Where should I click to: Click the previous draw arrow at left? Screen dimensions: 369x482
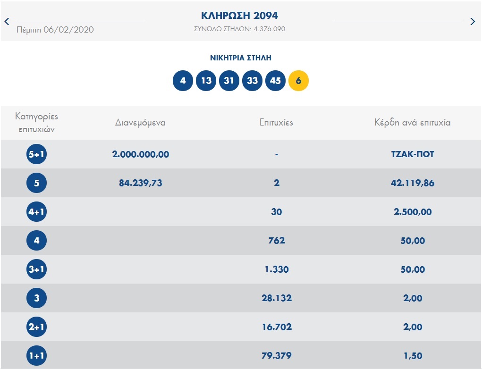pyautogui.click(x=7, y=21)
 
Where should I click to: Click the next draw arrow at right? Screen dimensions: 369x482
pyautogui.click(x=473, y=21)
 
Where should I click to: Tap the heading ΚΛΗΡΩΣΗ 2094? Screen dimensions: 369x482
pyautogui.click(x=239, y=16)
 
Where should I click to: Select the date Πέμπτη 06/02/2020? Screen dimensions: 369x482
pyautogui.click(x=55, y=30)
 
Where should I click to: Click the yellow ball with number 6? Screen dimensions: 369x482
pyautogui.click(x=298, y=81)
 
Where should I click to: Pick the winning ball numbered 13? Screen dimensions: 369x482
pyautogui.click(x=206, y=81)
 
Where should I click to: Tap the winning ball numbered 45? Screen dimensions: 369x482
pyautogui.click(x=275, y=81)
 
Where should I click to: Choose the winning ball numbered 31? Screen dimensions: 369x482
pyautogui.click(x=229, y=81)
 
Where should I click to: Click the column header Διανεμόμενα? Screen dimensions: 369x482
pyautogui.click(x=140, y=123)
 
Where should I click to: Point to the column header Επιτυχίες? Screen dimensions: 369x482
pyautogui.click(x=276, y=123)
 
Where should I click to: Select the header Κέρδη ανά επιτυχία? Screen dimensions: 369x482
pyautogui.click(x=412, y=123)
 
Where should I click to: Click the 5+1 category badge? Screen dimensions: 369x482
pyautogui.click(x=37, y=154)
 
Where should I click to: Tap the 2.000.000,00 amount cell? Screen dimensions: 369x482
pyautogui.click(x=141, y=154)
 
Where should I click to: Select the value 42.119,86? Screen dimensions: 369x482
pyautogui.click(x=413, y=183)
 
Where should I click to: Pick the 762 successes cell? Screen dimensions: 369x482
pyautogui.click(x=276, y=241)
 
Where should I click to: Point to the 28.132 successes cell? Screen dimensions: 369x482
pyautogui.click(x=276, y=298)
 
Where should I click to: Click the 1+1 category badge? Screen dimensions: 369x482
pyautogui.click(x=37, y=356)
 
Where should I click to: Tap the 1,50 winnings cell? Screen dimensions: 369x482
pyautogui.click(x=413, y=356)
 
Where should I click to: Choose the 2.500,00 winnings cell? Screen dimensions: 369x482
pyautogui.click(x=413, y=212)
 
